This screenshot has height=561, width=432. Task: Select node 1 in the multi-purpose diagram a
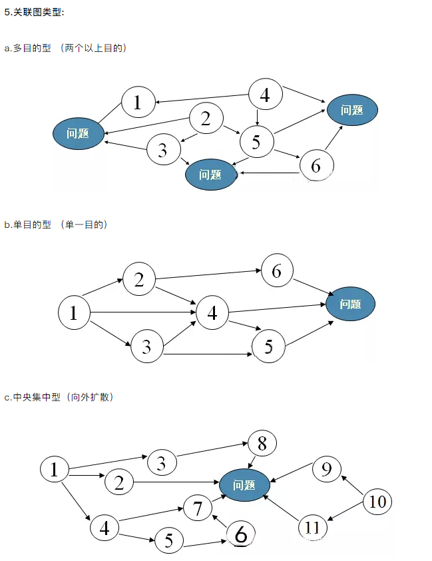coord(137,102)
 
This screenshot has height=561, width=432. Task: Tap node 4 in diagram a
coord(264,95)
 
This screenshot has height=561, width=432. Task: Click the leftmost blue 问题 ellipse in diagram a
coord(79,133)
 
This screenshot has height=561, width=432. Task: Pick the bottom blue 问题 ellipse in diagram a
coord(210,175)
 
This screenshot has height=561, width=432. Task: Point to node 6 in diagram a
coord(316,165)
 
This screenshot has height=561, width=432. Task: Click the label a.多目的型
coord(28,49)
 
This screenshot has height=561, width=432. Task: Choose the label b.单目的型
coord(28,225)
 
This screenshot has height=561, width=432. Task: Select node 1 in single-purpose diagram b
coord(74,312)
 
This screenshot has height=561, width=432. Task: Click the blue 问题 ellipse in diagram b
coord(350,304)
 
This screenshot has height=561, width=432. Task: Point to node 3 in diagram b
coord(146,346)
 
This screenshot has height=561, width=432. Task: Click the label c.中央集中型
coord(32,397)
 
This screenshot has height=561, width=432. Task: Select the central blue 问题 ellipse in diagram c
coord(244,485)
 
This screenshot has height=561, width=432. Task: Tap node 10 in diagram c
coord(377,501)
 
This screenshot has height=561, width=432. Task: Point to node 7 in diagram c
coord(198,508)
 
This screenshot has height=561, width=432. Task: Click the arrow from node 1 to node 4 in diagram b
coord(142,312)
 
